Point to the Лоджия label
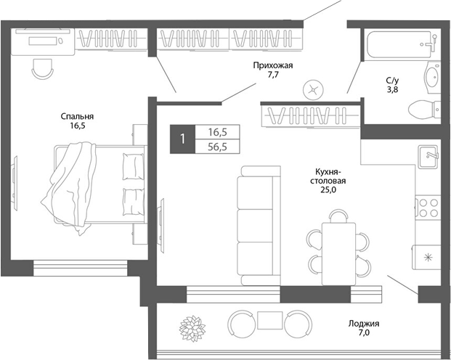363,324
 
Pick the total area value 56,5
217,146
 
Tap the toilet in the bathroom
423,110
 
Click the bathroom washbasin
433,76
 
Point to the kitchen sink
427,156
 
